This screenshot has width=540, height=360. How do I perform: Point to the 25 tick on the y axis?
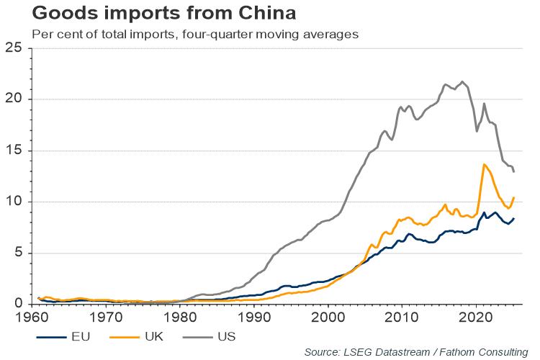pos(14,48)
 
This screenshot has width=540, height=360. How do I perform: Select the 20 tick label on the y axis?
pos(14,99)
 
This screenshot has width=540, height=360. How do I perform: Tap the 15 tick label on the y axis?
pos(14,150)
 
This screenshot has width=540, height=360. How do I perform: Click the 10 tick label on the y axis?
pos(14,202)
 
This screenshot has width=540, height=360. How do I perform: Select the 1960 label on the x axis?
pos(32,317)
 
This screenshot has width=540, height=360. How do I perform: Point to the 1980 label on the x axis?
pos(180,317)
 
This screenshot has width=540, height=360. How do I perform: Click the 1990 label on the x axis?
pos(253,317)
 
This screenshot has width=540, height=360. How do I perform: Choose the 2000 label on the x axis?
pos(328,317)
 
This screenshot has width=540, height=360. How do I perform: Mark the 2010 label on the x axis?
pos(401,317)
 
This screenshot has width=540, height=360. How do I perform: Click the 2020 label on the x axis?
pos(475,317)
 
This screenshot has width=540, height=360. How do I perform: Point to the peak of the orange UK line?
pos(484,165)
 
